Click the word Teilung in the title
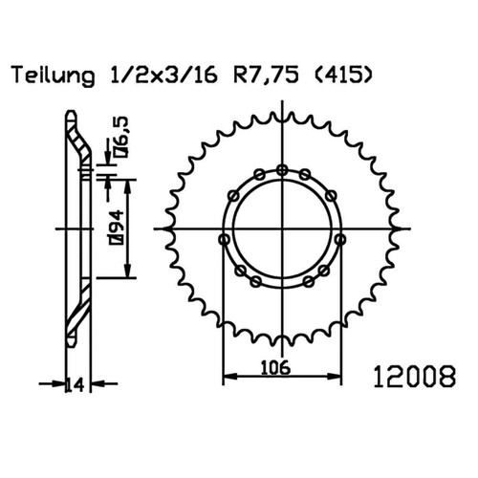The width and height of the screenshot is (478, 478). click(x=54, y=76)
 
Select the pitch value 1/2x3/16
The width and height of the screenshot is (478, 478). click(x=163, y=76)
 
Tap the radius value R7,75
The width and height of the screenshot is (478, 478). click(x=267, y=76)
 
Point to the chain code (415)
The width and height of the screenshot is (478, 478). click(x=343, y=76)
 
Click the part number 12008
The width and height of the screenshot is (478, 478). click(x=415, y=377)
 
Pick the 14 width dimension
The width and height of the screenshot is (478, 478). click(x=76, y=384)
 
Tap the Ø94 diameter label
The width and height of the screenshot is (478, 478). click(x=116, y=228)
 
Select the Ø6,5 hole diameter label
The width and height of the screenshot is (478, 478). click(x=120, y=138)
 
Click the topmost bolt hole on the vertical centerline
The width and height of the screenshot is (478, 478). click(x=282, y=170)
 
